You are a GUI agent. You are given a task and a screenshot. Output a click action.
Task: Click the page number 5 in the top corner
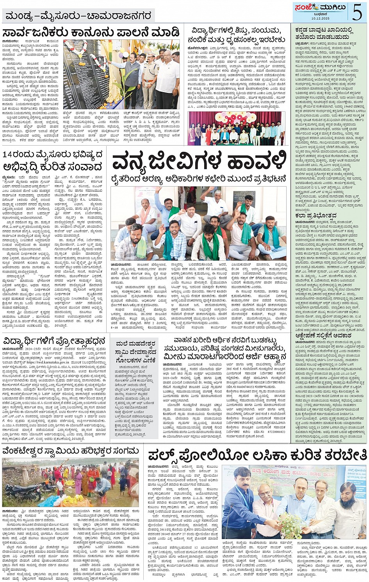coord(357,12)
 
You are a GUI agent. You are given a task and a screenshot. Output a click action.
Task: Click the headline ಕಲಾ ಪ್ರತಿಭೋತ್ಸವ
coord(310,215)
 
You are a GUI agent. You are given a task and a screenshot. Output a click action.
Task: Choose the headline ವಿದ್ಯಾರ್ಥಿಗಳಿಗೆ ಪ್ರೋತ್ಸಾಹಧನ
coord(55,341)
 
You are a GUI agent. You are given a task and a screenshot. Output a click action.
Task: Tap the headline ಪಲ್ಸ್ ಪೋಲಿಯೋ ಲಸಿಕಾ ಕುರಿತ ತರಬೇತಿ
coord(257,455)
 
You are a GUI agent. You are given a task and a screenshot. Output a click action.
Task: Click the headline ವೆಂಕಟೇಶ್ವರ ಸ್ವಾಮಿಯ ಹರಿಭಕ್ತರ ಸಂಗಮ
coord(71,451)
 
